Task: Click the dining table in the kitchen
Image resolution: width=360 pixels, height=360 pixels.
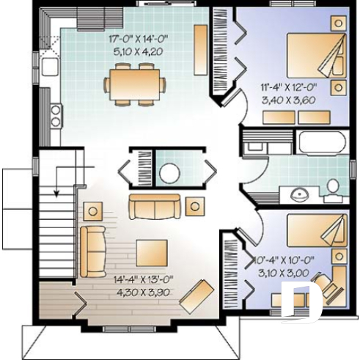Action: point(133,81)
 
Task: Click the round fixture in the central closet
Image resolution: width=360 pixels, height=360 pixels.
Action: point(170,173)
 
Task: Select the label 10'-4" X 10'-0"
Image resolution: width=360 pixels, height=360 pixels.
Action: point(283,260)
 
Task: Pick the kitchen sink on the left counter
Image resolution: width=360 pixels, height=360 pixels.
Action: point(48,67)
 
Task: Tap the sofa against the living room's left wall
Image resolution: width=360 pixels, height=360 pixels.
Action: point(92,250)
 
